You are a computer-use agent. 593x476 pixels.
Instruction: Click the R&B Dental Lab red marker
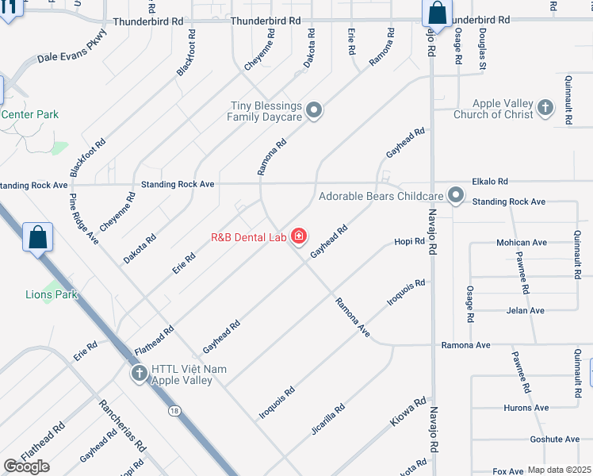[x=299, y=236]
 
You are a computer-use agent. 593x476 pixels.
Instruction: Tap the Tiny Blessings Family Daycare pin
[x=315, y=110]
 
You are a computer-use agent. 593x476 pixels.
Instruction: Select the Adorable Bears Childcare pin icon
[x=456, y=195]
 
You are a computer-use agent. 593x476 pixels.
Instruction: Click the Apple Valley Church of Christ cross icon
[x=545, y=108]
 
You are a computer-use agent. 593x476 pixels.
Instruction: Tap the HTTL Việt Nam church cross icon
[x=140, y=374]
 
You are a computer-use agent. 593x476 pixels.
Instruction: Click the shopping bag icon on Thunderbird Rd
[x=437, y=13]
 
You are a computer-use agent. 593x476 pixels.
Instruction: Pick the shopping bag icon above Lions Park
[x=38, y=237]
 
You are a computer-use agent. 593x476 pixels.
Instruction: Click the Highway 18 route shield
[x=173, y=410]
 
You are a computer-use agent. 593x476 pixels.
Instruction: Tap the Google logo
[x=27, y=466]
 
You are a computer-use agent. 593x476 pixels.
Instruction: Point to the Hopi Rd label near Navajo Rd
[x=410, y=241]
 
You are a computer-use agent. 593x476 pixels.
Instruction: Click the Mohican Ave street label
[x=521, y=243]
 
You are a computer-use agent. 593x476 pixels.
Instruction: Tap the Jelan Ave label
[x=526, y=310]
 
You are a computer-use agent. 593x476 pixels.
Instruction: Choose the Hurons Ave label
[x=526, y=408]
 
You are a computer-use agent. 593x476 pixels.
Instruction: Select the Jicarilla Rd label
[x=327, y=420]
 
